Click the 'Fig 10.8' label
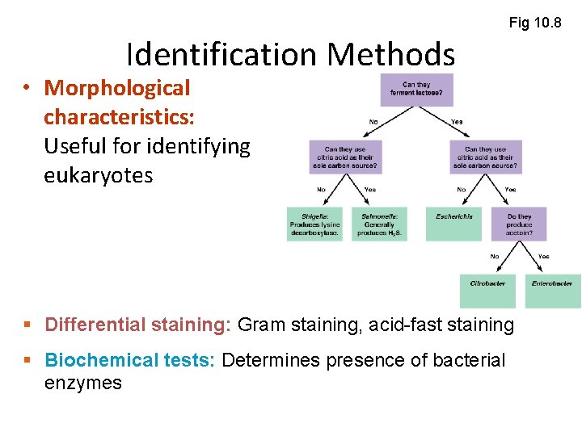534,22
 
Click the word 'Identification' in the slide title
222,55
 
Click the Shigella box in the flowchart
314,224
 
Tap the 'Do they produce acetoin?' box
519,224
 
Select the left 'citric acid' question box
344,157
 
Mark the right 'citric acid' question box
486,157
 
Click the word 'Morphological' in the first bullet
117,88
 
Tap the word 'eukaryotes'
98,175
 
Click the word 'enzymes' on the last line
82,383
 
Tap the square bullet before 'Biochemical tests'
29,360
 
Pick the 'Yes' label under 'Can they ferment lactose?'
458,122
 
